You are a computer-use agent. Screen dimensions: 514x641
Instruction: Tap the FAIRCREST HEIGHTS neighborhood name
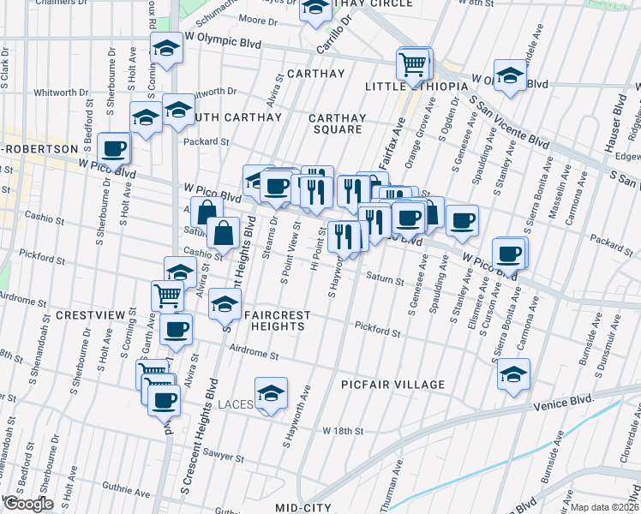277,315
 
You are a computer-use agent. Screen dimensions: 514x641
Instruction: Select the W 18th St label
343,430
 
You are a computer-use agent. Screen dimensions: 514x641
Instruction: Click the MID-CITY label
303,507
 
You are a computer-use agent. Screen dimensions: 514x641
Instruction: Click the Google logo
27,504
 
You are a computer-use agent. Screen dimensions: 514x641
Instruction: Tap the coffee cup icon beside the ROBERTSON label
113,150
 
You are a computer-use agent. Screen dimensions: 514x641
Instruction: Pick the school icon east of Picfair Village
513,374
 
